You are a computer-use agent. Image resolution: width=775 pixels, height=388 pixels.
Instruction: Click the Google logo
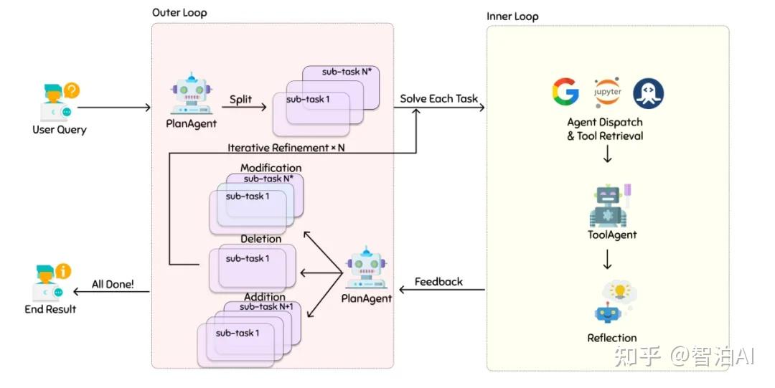tap(565, 92)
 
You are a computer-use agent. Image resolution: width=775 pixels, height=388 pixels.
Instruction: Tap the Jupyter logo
tap(608, 92)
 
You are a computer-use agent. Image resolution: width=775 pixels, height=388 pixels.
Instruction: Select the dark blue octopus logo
tap(649, 93)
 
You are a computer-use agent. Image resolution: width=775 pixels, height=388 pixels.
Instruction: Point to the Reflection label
tap(612, 338)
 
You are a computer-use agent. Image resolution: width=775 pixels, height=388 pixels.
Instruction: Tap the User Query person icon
tap(58, 103)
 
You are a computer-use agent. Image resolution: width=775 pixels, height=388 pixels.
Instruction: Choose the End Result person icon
tap(52, 283)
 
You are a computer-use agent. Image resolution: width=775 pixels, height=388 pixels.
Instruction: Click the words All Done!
tap(113, 284)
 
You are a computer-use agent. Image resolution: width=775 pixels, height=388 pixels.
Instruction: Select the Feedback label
tap(438, 282)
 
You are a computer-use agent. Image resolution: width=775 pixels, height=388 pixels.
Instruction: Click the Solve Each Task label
tap(439, 98)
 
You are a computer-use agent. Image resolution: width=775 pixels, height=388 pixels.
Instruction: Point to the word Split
tap(240, 100)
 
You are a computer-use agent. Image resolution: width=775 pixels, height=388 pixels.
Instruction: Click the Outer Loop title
tap(179, 13)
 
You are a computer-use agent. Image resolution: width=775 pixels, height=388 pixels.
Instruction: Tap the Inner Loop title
tap(512, 16)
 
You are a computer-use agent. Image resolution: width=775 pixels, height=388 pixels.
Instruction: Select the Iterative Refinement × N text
tap(286, 147)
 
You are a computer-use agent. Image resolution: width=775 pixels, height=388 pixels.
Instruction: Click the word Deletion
tap(261, 239)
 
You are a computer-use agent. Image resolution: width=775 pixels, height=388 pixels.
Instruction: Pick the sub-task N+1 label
tap(266, 307)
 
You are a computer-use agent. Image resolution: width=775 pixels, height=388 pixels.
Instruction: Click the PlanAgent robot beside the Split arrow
tap(192, 94)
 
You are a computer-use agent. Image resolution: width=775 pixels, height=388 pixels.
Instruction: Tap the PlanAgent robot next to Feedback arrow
tap(366, 268)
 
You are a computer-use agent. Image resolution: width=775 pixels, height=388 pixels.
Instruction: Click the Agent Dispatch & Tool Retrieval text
tap(605, 129)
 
